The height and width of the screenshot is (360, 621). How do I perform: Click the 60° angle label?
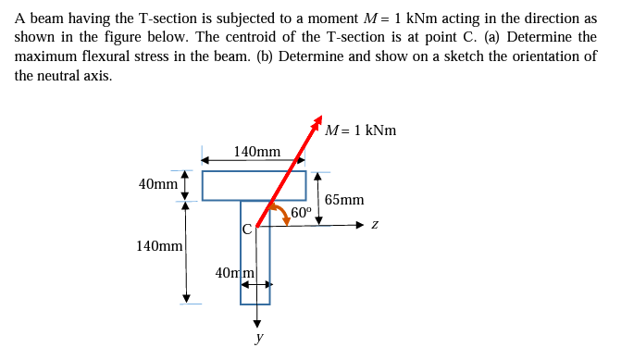[302, 213]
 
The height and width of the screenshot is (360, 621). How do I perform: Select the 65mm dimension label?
[344, 199]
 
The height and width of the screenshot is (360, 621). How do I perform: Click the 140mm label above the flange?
[256, 151]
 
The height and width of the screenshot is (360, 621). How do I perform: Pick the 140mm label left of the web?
[158, 246]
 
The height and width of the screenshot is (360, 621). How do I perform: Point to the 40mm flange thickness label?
[157, 183]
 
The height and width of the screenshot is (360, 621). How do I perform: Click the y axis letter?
[258, 339]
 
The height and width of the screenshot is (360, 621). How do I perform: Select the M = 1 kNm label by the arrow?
[362, 130]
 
